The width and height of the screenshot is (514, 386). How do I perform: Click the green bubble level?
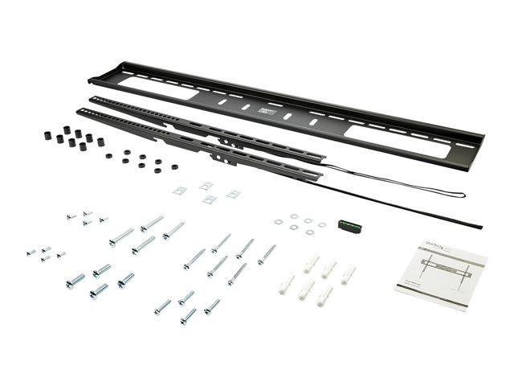coord(348,227)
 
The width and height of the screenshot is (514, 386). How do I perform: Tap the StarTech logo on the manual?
coord(432,240)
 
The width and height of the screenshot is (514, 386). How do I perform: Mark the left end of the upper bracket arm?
coord(92,99)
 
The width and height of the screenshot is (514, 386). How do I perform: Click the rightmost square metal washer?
coord(233,194)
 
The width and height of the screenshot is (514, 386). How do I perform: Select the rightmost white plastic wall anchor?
coord(348,276)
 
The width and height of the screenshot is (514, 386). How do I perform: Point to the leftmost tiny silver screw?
coord(30,252)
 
